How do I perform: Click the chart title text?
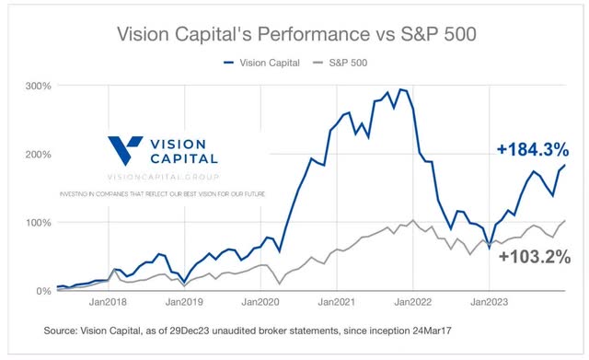(x=294, y=35)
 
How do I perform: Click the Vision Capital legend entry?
(x=267, y=63)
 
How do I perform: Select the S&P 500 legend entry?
(x=345, y=63)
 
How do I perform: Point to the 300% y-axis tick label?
(x=39, y=86)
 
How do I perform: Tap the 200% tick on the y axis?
(x=39, y=154)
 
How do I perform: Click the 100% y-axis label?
(x=39, y=223)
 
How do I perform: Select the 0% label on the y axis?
(x=43, y=291)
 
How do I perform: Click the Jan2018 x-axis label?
(x=109, y=302)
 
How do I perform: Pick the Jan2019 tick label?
(x=184, y=302)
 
